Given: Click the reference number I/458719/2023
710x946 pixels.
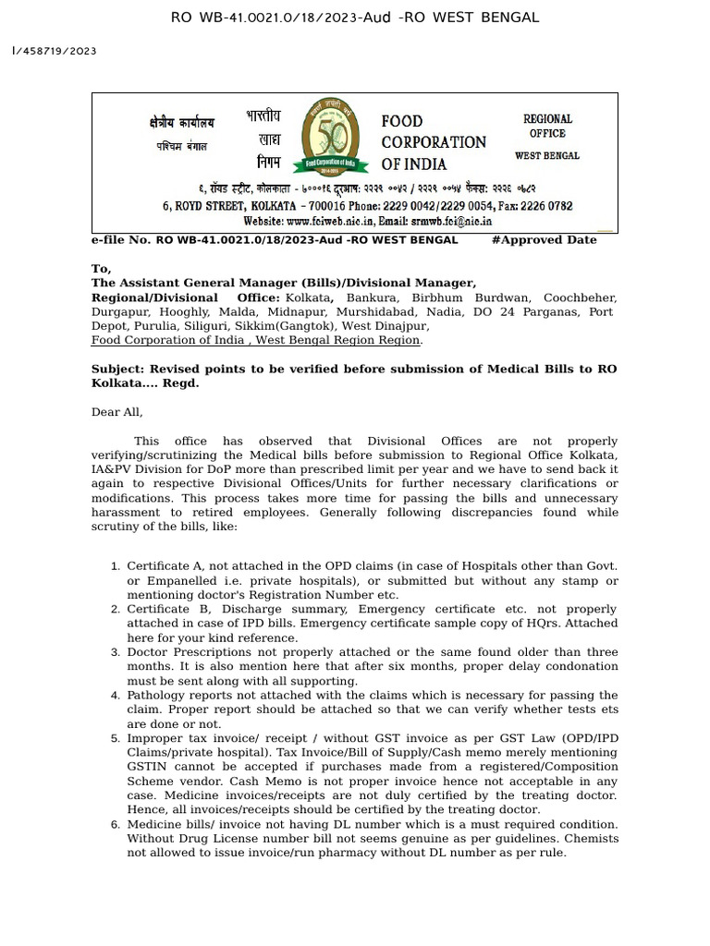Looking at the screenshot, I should [x=55, y=52].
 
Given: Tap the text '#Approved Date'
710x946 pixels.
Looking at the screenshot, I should [x=544, y=240].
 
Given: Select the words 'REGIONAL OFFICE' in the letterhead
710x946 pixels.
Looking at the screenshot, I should [x=547, y=126].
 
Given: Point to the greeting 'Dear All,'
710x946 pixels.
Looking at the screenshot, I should [x=116, y=412].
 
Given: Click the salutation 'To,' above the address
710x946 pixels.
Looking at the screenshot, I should [x=100, y=269].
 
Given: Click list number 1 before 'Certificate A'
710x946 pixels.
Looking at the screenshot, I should [x=115, y=566].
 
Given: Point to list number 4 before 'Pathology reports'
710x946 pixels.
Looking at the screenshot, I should [x=115, y=695].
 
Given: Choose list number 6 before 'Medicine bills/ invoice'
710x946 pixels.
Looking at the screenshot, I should [x=115, y=824].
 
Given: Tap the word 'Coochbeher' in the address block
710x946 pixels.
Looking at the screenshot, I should [x=581, y=298].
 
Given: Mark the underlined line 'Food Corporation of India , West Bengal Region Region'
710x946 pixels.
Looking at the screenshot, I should [x=256, y=340].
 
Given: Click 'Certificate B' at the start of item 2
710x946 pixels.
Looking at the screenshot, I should [x=160, y=610].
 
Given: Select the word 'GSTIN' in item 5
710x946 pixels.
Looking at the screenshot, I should [x=148, y=767].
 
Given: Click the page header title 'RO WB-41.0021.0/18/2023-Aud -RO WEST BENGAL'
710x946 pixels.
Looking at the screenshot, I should [x=355, y=18].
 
